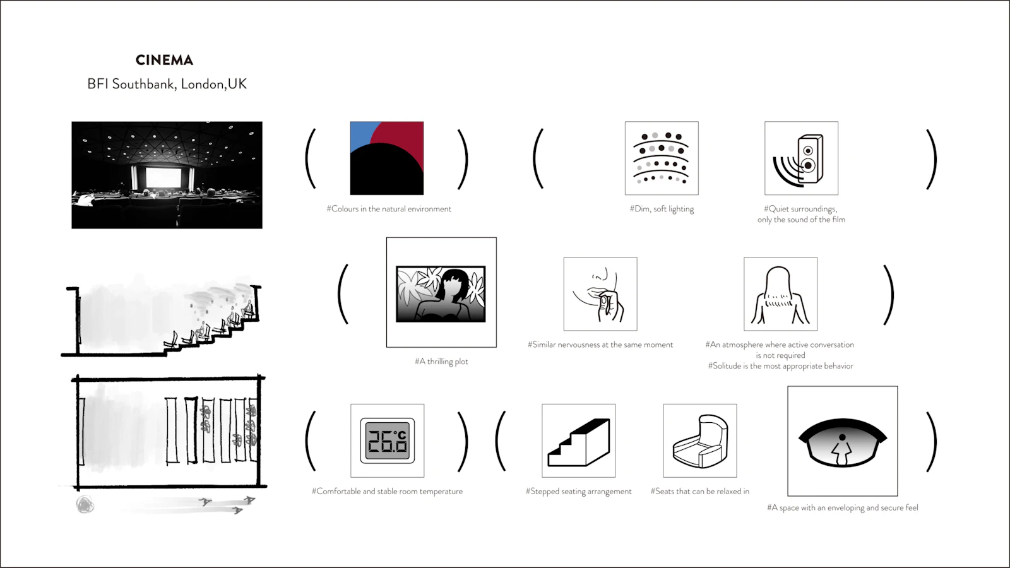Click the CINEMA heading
pos(165,60)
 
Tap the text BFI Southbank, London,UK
pos(167,84)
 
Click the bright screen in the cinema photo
pos(163,177)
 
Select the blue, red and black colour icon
pos(387,158)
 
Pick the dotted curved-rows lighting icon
pos(662,158)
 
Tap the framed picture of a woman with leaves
pos(441,294)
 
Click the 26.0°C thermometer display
pos(388,441)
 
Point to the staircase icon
pos(578,442)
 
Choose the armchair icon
pos(700,441)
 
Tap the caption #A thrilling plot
pos(441,362)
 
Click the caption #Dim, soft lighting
pos(662,209)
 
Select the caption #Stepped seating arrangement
pos(578,492)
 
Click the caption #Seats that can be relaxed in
pos(700,492)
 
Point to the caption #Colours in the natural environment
pos(389,209)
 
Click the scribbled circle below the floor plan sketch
pos(85,505)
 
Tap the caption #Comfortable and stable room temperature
pos(388,492)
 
